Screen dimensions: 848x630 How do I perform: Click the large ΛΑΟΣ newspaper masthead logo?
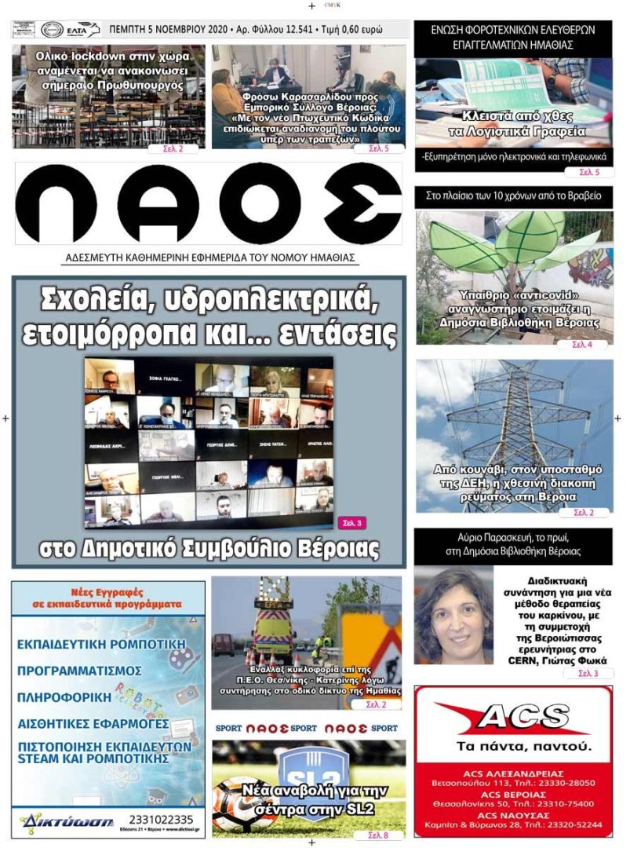coord(209,203)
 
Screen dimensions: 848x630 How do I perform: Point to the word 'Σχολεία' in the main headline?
coord(105,299)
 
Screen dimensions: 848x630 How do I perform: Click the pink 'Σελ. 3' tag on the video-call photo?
coord(352,521)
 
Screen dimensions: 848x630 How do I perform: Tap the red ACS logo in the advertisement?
coord(513,717)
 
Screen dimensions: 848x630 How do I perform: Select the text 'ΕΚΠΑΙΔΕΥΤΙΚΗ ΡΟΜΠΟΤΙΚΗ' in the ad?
coord(101,645)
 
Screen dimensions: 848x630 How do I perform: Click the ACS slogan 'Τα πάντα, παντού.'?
coord(513,745)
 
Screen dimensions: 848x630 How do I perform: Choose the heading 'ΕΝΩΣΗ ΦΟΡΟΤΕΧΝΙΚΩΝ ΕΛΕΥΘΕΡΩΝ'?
coord(513,31)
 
